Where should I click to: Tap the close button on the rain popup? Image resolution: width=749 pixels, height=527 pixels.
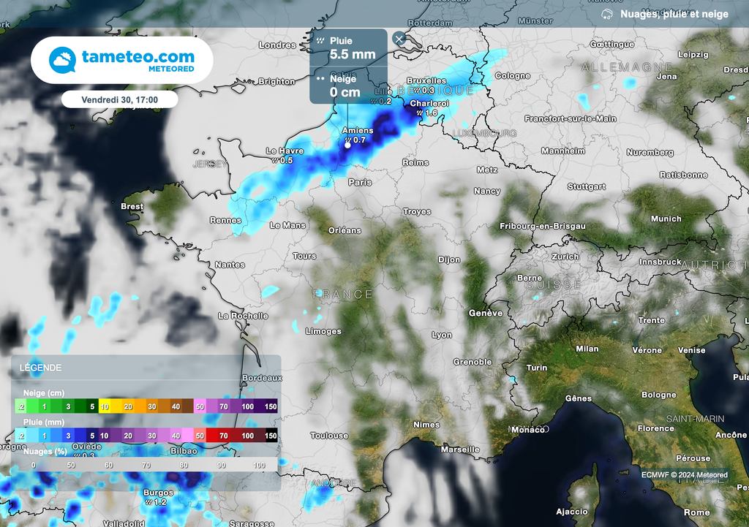pyautogui.click(x=399, y=39)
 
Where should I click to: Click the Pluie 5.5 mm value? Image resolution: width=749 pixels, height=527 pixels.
pyautogui.click(x=353, y=54)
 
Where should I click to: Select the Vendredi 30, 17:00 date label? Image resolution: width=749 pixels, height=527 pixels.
pyautogui.click(x=120, y=99)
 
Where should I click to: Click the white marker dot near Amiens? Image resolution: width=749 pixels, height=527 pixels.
pyautogui.click(x=347, y=145)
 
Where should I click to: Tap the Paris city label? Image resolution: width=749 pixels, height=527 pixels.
pyautogui.click(x=360, y=182)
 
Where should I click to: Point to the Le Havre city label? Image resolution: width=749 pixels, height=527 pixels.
pyautogui.click(x=284, y=151)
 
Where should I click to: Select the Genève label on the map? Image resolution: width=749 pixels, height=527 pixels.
pyautogui.click(x=486, y=313)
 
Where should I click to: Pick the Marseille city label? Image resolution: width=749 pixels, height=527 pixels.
pyautogui.click(x=461, y=450)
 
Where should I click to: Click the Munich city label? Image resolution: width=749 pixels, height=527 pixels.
pyautogui.click(x=666, y=219)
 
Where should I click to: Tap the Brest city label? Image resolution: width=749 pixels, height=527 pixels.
pyautogui.click(x=132, y=207)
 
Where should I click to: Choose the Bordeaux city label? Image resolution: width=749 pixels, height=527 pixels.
pyautogui.click(x=262, y=378)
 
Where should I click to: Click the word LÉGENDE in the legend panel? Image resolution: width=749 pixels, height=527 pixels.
pyautogui.click(x=41, y=368)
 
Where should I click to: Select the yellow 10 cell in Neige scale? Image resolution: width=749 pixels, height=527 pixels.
pyautogui.click(x=105, y=406)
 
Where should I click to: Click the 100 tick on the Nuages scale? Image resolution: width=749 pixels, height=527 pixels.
pyautogui.click(x=259, y=465)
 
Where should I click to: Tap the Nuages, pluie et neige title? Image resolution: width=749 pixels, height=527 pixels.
pyautogui.click(x=674, y=14)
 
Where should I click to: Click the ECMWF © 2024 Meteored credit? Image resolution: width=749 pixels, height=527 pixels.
pyautogui.click(x=685, y=475)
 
